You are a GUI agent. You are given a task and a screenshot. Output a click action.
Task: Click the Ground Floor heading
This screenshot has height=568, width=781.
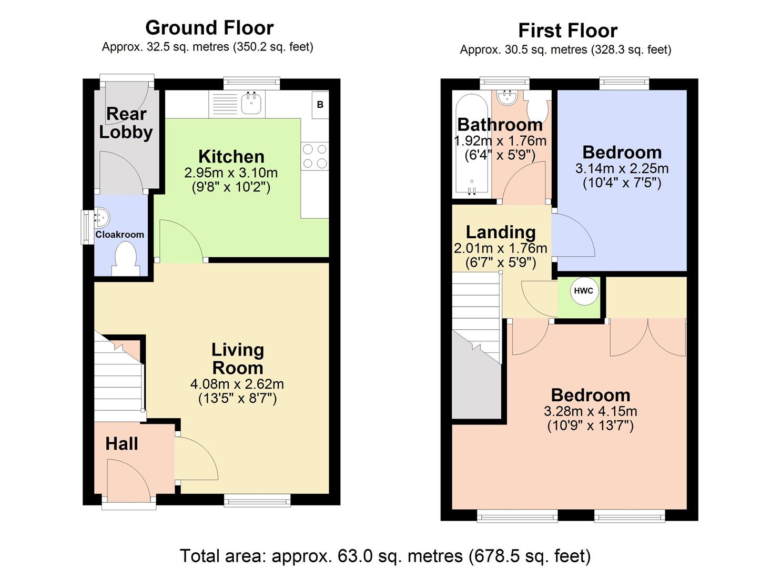(209, 27)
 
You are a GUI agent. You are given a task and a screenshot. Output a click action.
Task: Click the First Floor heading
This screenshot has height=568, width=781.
(567, 31)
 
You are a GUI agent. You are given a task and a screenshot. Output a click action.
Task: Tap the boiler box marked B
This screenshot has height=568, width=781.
(320, 105)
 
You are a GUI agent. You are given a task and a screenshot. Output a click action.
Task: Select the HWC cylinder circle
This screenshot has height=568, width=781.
(583, 291)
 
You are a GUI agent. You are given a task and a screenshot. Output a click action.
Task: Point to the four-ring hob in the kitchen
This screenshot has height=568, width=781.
(315, 156)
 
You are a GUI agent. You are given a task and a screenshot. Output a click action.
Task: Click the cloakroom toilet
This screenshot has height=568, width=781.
(125, 261)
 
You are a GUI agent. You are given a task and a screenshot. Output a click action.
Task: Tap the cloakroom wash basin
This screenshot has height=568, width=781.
(101, 217)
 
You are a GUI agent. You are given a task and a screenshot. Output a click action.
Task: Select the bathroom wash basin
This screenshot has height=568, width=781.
(507, 97)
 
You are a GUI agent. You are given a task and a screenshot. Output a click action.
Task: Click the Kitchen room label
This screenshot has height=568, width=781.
(231, 156)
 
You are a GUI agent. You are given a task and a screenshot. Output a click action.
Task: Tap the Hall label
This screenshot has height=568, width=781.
(121, 443)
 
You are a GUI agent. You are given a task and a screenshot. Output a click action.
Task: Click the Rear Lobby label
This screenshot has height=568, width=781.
(126, 123)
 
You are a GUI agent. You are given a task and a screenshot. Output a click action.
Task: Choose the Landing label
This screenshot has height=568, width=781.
(500, 232)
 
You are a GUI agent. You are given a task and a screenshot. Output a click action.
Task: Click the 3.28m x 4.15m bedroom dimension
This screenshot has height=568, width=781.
(590, 411)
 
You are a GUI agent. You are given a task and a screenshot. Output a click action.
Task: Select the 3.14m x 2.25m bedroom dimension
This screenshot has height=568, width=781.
(622, 169)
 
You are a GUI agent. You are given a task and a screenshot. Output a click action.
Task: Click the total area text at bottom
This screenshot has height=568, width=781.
(385, 555)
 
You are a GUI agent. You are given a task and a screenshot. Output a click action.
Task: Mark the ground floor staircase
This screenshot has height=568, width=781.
(119, 376)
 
